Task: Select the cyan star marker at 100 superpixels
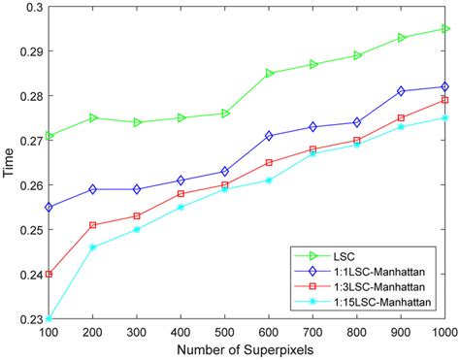tap(49, 318)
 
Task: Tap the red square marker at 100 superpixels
tap(49, 274)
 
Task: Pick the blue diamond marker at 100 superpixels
tap(49, 207)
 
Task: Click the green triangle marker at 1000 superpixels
tap(445, 29)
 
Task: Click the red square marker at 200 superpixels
tap(93, 225)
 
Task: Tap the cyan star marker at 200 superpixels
tap(93, 247)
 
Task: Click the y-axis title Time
tap(9, 163)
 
